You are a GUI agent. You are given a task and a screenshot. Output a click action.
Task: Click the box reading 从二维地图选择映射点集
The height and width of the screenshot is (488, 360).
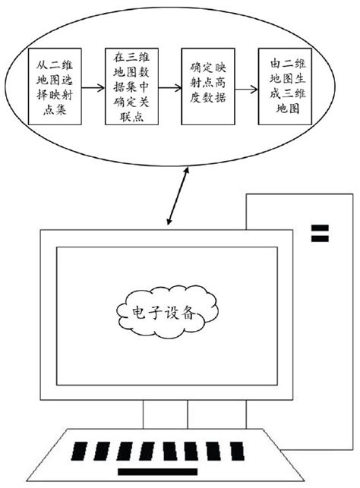click(x=54, y=87)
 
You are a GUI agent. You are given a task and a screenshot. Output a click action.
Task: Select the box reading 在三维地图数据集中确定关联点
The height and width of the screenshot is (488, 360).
click(x=130, y=87)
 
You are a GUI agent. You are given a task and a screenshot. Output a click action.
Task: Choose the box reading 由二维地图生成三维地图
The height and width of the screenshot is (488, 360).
click(x=283, y=87)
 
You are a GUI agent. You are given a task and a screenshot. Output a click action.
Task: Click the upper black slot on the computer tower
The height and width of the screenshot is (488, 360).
click(x=320, y=227)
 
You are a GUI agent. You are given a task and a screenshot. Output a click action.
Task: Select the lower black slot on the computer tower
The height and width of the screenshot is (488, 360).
click(x=320, y=239)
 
